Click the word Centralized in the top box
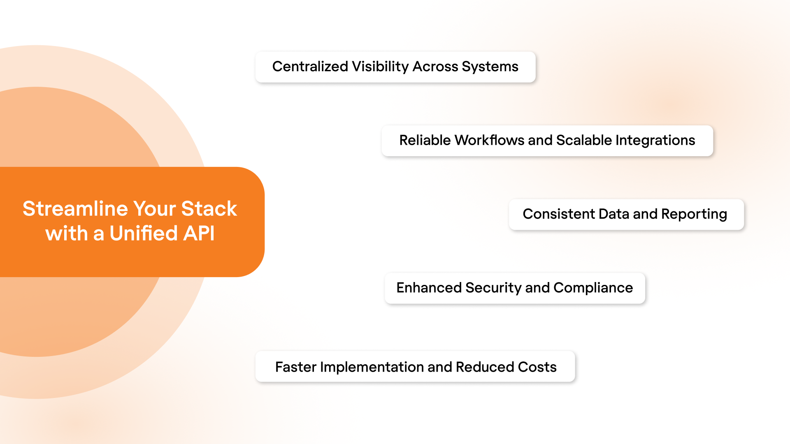310,67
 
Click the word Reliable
425,140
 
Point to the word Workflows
489,140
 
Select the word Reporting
694,214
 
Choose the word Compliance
593,288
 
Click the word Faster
295,367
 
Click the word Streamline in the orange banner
75,209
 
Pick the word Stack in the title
209,209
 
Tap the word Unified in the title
143,234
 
